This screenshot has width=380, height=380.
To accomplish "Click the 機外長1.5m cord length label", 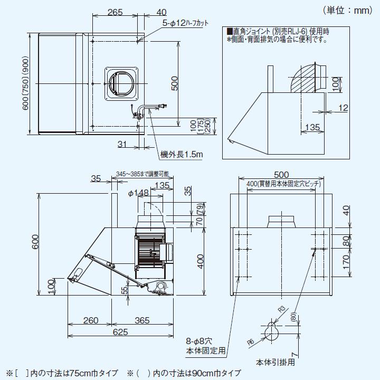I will pos(182,154).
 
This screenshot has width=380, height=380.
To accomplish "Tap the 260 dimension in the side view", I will pos(91,320).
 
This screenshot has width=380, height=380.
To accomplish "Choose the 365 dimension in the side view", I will pos(141,320).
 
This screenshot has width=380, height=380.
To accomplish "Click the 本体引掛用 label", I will pos(275,363).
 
